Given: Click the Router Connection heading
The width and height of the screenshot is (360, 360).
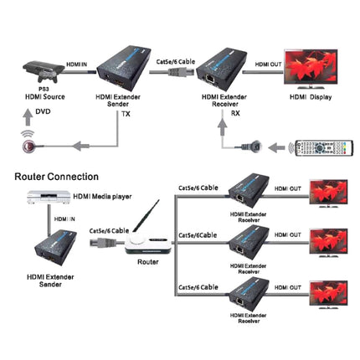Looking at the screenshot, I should point(56,177).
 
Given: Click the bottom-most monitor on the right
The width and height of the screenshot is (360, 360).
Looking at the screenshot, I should point(329,296).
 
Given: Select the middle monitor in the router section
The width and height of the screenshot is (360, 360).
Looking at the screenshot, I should point(329,243).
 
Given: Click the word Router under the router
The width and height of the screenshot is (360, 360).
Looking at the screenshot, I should point(147,263).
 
